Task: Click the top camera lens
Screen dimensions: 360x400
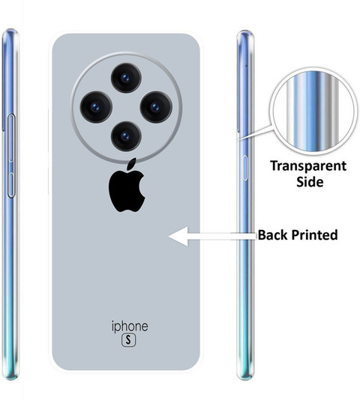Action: [x=126, y=78]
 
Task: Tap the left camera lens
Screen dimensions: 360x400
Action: [x=96, y=106]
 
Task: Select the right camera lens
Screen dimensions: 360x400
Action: [x=156, y=107]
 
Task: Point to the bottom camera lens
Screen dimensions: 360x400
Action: [x=126, y=136]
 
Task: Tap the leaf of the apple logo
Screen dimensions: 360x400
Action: [x=131, y=164]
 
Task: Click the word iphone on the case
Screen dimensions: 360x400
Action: [x=130, y=327]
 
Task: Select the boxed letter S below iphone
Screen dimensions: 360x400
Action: [x=128, y=340]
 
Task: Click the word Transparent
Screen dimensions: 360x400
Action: [x=308, y=166]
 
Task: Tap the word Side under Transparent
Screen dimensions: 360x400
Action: [x=310, y=181]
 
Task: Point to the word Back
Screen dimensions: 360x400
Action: [x=272, y=234]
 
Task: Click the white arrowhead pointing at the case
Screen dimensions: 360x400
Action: [x=178, y=237]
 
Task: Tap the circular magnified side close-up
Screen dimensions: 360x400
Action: [x=313, y=112]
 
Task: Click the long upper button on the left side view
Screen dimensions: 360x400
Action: [x=11, y=138]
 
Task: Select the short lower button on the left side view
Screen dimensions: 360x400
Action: [x=11, y=185]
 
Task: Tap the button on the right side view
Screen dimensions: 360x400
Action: [x=244, y=168]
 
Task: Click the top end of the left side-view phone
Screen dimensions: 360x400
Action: [x=10, y=31]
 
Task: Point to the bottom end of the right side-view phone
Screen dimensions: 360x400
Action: [x=245, y=378]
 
